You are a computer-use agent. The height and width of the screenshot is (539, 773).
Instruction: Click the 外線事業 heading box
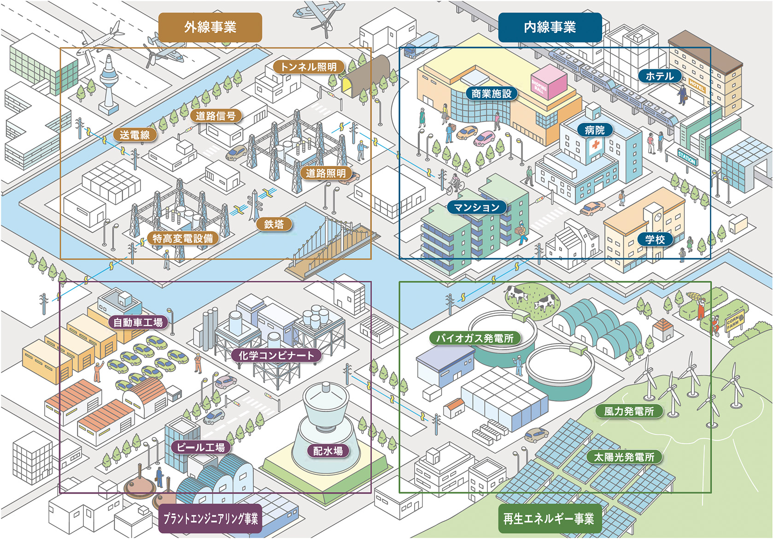click(x=210, y=27)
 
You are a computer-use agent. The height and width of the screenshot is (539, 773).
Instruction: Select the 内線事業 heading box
click(x=550, y=27)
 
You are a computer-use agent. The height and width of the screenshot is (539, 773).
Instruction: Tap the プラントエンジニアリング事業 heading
click(x=210, y=519)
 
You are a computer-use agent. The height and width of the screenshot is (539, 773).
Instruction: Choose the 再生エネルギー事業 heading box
click(x=548, y=519)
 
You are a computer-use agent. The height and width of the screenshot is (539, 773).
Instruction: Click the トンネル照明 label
click(x=309, y=67)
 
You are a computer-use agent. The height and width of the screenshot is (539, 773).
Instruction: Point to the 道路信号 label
click(x=216, y=116)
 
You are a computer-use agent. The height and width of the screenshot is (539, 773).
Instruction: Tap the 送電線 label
click(x=135, y=135)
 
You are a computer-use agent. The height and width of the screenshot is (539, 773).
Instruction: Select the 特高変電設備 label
click(x=183, y=238)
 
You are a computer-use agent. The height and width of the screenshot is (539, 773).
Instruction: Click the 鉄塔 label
click(x=274, y=225)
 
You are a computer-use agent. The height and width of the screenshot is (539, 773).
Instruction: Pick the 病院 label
click(x=594, y=130)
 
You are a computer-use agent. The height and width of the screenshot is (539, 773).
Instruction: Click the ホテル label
click(x=659, y=76)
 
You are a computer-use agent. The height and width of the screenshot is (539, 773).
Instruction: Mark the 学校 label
click(x=655, y=239)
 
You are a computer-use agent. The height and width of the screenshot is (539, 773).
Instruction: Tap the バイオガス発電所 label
click(x=475, y=338)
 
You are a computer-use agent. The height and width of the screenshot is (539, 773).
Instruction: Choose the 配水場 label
click(x=328, y=450)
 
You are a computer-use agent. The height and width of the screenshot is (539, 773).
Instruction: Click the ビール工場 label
click(x=201, y=447)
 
